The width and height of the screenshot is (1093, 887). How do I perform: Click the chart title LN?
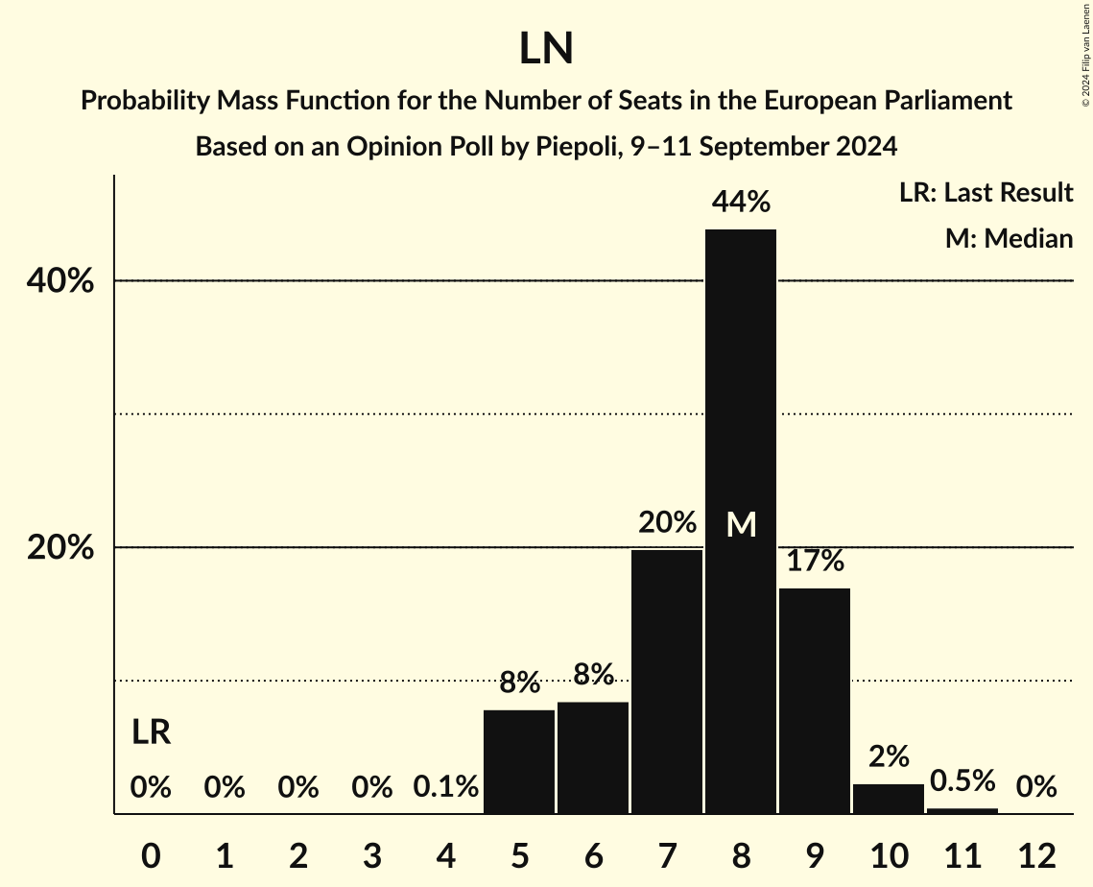click(x=546, y=49)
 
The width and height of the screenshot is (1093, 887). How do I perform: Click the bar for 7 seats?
click(x=667, y=682)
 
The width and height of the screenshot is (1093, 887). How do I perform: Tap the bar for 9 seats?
click(x=815, y=701)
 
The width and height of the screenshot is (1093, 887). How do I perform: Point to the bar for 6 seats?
click(x=593, y=757)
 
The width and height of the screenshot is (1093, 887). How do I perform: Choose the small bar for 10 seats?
click(x=889, y=799)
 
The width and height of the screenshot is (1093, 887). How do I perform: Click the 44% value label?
click(x=741, y=203)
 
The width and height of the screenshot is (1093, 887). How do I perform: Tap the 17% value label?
click(x=815, y=561)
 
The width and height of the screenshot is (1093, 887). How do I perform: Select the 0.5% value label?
click(x=962, y=780)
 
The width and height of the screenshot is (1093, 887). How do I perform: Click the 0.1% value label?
click(x=446, y=787)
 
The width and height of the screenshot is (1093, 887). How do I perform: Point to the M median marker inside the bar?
click(x=741, y=524)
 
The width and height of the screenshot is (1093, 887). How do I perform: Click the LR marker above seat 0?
click(x=151, y=733)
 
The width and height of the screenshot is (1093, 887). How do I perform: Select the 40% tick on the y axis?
click(x=59, y=281)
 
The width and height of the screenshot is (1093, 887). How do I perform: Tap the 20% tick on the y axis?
click(x=59, y=548)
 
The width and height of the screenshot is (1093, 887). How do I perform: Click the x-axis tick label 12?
click(x=1036, y=855)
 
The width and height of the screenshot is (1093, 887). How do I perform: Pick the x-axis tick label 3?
click(x=372, y=855)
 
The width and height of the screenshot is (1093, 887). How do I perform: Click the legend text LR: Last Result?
click(x=986, y=193)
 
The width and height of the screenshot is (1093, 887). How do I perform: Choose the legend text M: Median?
click(x=1009, y=239)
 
